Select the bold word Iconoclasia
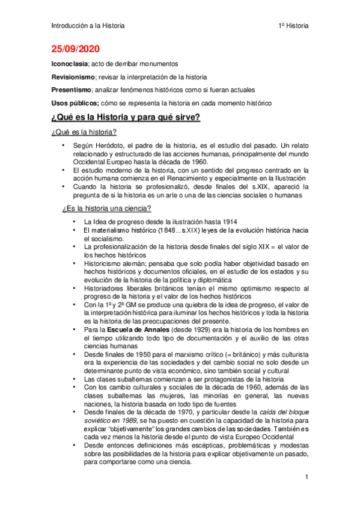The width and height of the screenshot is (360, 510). (69, 64)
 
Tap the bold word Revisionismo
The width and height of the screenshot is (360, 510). (73, 77)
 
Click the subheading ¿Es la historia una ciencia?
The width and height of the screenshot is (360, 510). (107, 209)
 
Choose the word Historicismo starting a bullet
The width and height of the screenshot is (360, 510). (105, 263)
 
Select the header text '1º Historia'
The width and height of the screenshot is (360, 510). (293, 26)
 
